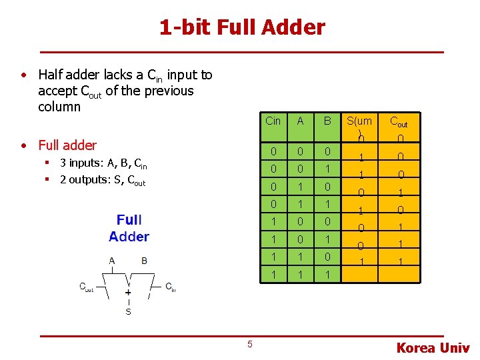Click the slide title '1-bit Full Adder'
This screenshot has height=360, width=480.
[x=241, y=27]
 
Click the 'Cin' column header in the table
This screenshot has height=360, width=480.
[x=273, y=121]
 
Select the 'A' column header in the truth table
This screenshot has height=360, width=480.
[x=301, y=121]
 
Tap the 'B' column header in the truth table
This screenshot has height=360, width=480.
[x=327, y=121]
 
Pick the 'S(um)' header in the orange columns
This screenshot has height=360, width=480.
[x=359, y=122]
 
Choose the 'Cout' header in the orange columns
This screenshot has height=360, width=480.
[x=399, y=122]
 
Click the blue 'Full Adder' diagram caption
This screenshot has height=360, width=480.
[x=129, y=228]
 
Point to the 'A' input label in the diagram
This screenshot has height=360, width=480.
[x=112, y=261]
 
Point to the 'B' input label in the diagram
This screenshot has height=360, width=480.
[x=144, y=261]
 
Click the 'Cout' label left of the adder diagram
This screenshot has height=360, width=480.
[x=87, y=287]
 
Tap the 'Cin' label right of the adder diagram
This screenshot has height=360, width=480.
[x=171, y=287]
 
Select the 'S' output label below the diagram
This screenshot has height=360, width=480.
[x=128, y=311]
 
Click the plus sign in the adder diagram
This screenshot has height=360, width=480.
[x=128, y=292]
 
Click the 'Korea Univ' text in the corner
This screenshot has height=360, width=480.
[x=433, y=348]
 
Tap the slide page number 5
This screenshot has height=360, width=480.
[x=250, y=344]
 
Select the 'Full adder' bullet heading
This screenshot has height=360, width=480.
[x=67, y=145]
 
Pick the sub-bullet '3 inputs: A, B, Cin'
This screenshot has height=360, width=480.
[x=103, y=164]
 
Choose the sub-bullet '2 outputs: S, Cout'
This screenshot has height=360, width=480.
[x=103, y=180]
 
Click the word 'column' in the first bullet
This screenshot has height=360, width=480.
[x=59, y=107]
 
